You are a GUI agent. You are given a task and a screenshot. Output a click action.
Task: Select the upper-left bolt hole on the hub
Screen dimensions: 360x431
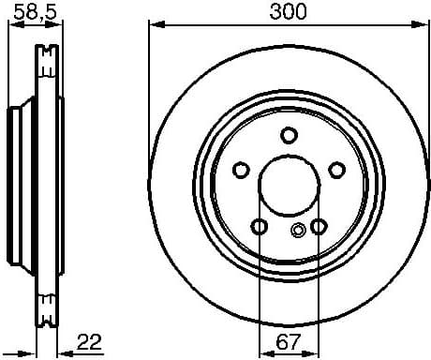[x=240, y=170]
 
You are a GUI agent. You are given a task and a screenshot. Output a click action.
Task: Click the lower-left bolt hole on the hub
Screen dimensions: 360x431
[x=259, y=226]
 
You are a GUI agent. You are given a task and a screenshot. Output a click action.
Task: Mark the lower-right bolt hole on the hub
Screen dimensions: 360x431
[x=319, y=226]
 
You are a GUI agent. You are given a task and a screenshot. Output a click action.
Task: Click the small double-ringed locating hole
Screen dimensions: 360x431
[x=298, y=232]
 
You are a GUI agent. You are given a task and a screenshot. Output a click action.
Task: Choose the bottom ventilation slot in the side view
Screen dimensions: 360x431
[x=45, y=302]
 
